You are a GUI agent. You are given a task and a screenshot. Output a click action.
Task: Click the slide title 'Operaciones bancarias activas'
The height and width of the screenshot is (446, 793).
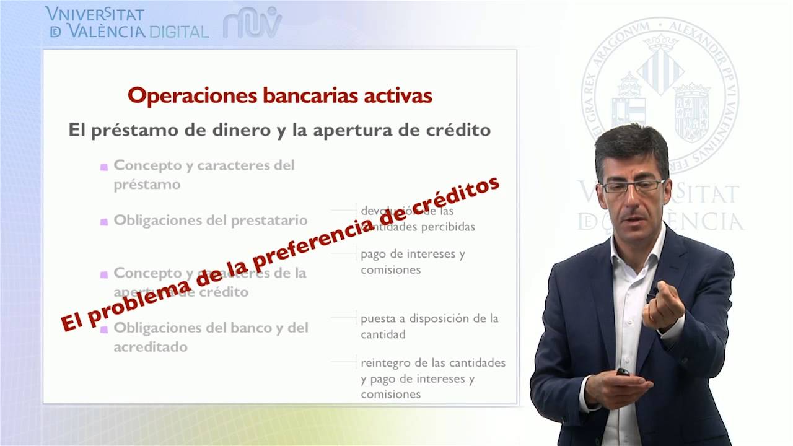(279, 96)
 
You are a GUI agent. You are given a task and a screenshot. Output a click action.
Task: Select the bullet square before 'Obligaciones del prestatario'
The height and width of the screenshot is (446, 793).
(104, 221)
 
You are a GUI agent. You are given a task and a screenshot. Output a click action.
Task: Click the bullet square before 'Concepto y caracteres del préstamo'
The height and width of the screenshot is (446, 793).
(104, 167)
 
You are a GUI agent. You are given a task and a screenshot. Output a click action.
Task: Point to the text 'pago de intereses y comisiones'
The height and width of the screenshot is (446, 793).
(412, 261)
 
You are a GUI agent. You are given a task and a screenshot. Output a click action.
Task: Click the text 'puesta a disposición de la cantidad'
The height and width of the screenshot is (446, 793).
(429, 326)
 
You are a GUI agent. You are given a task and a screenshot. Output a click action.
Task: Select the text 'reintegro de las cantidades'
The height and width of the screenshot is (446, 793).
(432, 362)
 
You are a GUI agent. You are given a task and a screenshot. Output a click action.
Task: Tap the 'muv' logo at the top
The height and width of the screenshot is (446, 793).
(252, 24)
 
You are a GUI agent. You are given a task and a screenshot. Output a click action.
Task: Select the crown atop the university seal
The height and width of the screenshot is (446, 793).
(660, 42)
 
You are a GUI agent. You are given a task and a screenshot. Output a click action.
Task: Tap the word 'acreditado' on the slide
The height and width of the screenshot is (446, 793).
(150, 347)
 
